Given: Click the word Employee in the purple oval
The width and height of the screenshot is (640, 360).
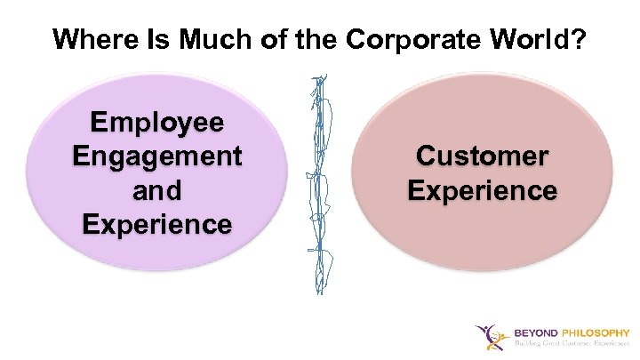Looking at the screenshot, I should click(x=157, y=123).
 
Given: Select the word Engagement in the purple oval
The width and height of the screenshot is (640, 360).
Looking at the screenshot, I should click(x=157, y=156).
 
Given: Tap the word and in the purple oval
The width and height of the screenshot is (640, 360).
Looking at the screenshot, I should click(x=157, y=190).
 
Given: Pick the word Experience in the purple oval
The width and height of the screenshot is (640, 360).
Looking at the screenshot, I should click(x=157, y=224).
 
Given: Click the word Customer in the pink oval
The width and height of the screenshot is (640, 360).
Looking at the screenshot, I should click(x=483, y=156).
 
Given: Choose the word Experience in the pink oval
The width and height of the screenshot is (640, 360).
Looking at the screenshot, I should click(x=483, y=190).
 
